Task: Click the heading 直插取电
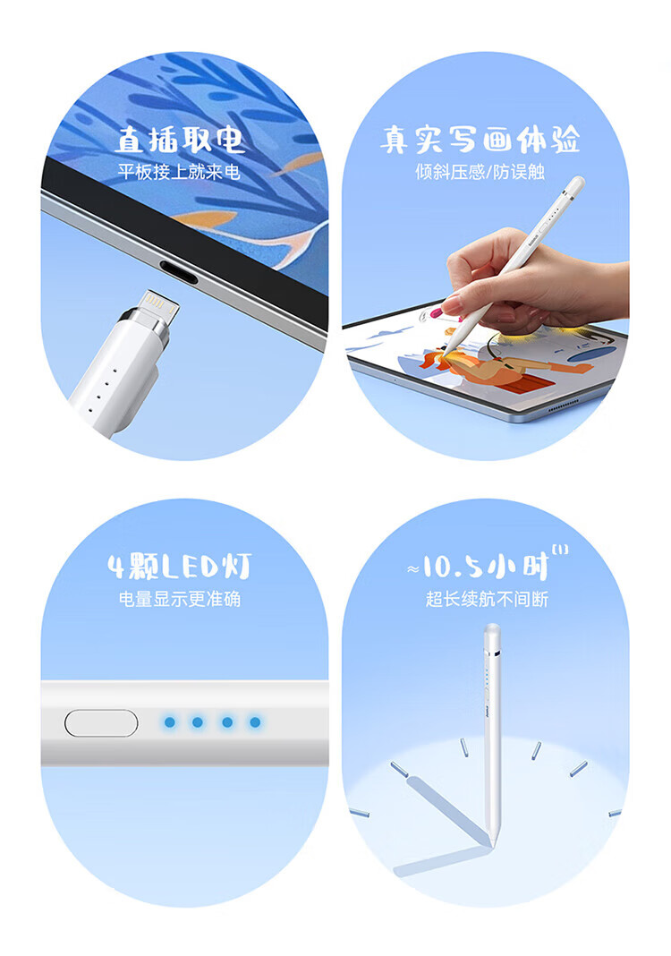point(181,141)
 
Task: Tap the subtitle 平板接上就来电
point(179,172)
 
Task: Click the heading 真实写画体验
point(480,141)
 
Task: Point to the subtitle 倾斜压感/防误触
point(480,172)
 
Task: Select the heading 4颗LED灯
point(180,567)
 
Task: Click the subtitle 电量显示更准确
point(180,599)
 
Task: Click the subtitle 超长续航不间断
point(487,599)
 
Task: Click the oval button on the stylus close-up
point(101,723)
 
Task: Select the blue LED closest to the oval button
point(169,722)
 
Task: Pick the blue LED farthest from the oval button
point(255,722)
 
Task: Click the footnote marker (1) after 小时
point(559,550)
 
